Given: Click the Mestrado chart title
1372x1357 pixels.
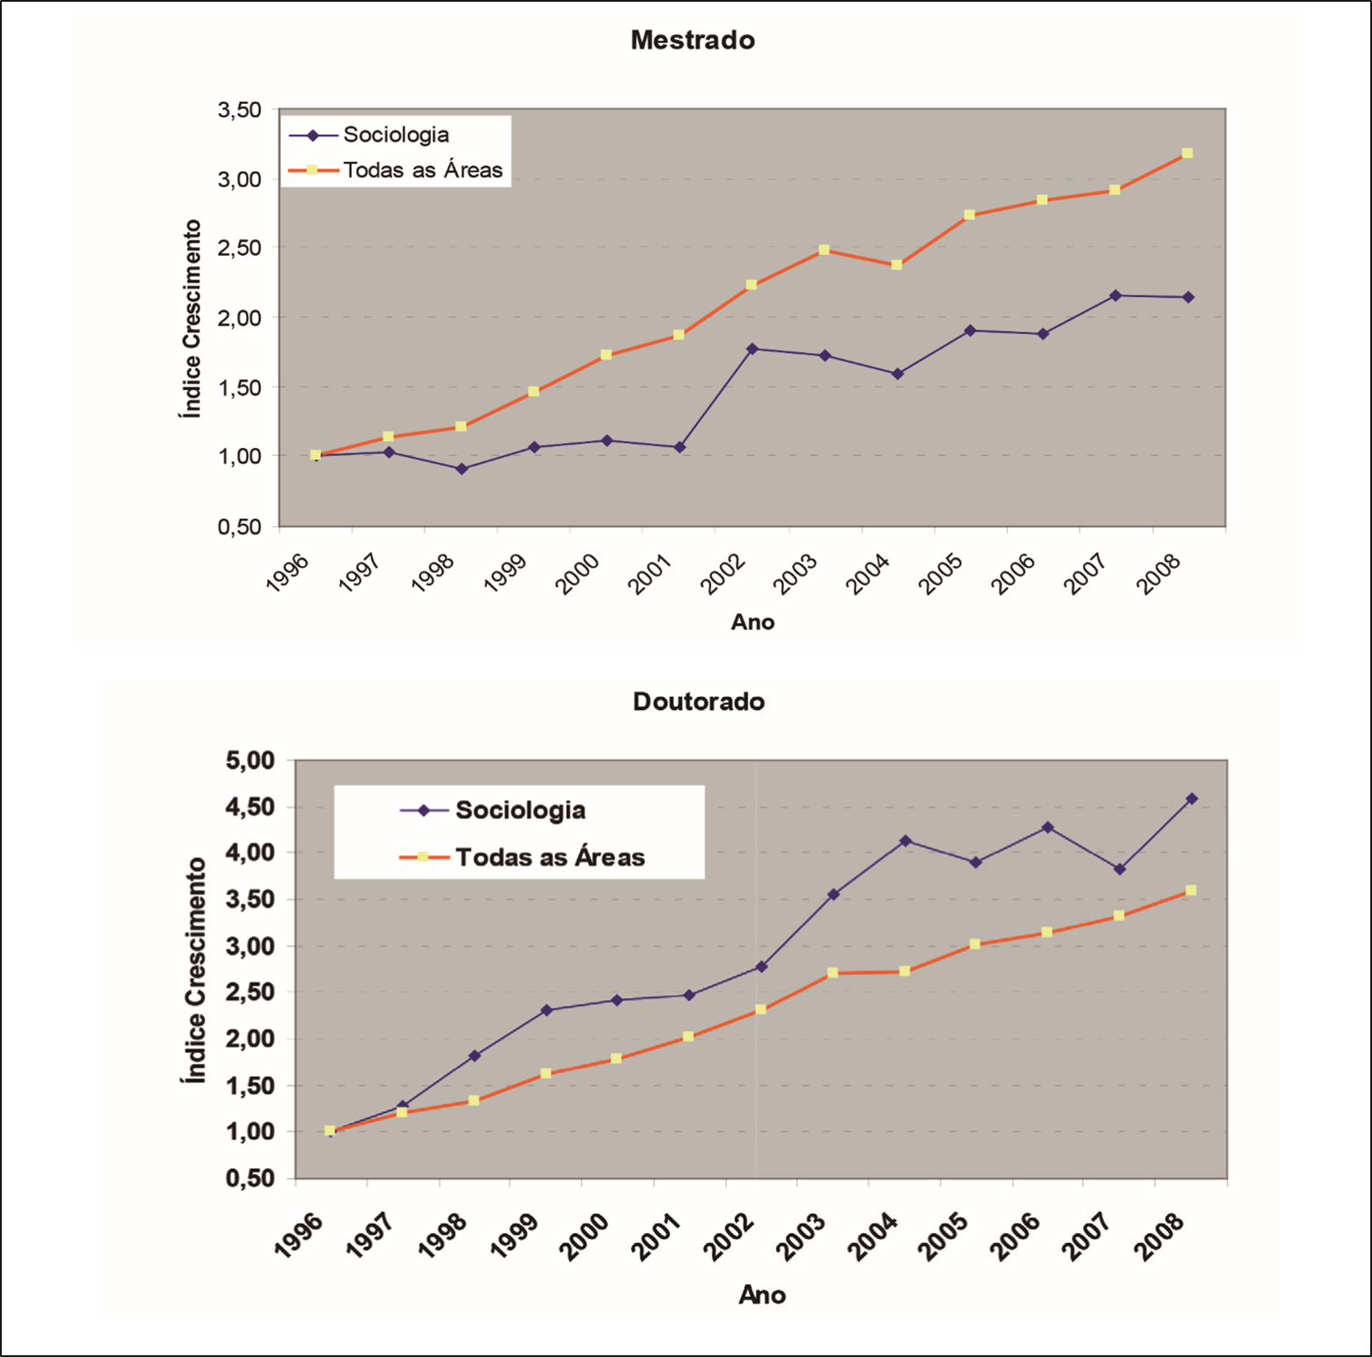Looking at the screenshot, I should (x=693, y=40).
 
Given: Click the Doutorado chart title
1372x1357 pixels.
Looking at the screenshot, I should (x=699, y=701).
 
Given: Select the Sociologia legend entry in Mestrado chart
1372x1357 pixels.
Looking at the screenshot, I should (x=396, y=134).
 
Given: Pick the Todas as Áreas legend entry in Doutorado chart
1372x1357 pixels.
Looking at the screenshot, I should (x=549, y=857).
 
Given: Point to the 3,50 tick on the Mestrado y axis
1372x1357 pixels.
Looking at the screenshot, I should (x=240, y=110).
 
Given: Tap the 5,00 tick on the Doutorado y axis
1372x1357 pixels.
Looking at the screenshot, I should (x=250, y=760).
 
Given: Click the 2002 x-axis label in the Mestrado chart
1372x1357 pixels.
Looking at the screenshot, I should (x=722, y=575).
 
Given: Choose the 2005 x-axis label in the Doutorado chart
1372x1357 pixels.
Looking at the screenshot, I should (x=942, y=1237).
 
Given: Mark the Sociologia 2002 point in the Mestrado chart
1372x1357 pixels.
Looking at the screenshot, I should (x=752, y=349).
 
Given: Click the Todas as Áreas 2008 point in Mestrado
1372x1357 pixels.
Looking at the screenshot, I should (x=1187, y=154).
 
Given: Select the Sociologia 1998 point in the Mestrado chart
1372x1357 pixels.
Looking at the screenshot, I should (x=461, y=468).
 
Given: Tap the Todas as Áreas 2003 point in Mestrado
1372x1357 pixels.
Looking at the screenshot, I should (x=824, y=250).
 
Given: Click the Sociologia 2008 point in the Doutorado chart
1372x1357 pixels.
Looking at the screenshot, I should (x=1192, y=799).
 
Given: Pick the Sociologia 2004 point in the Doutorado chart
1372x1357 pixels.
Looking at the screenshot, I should (x=905, y=841).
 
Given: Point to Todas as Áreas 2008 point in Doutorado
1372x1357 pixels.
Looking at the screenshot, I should (x=1191, y=890).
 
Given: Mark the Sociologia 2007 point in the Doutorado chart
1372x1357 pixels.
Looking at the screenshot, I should (x=1120, y=869).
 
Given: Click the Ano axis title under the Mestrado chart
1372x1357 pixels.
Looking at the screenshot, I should (x=752, y=622).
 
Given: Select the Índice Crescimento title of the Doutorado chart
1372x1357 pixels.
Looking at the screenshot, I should (x=194, y=969).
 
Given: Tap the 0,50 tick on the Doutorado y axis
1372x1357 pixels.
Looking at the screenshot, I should (x=250, y=1179).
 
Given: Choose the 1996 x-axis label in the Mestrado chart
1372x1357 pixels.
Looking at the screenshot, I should (x=287, y=572).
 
